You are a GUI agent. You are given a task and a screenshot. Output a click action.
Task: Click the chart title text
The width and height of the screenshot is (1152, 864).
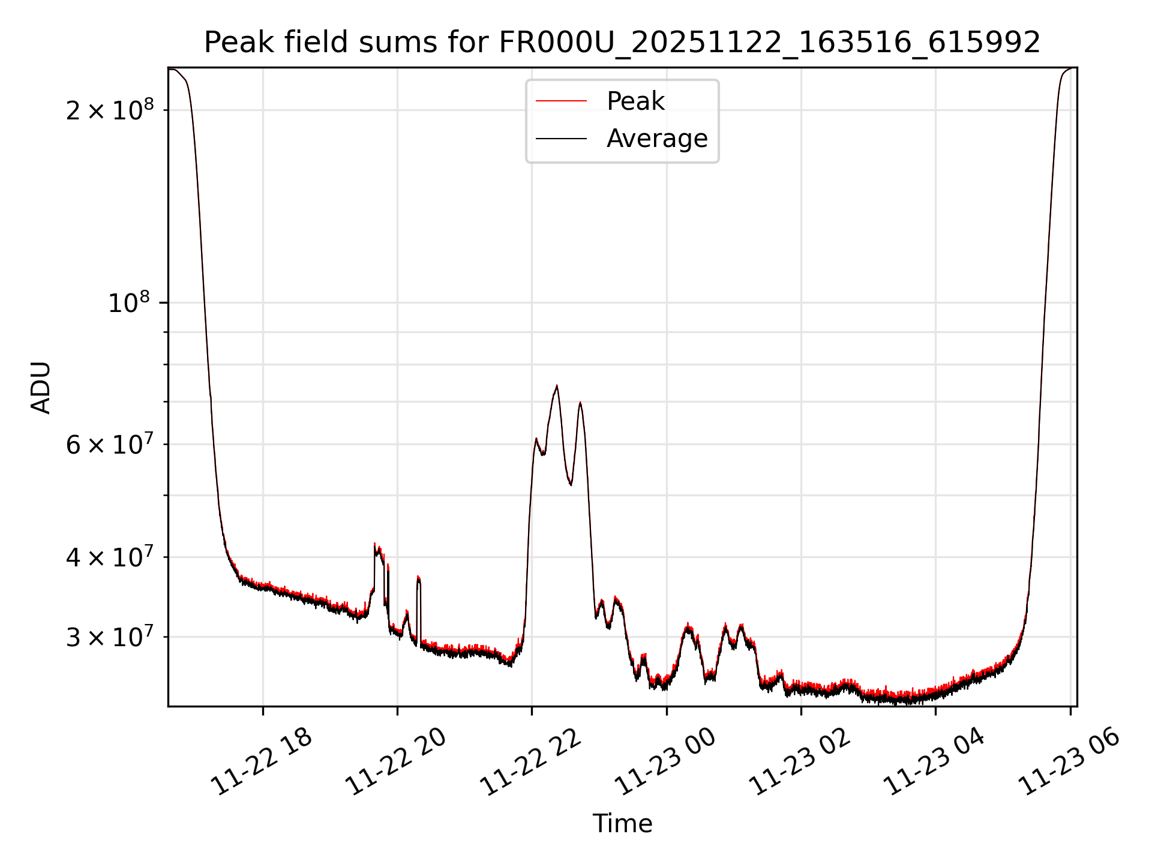622,43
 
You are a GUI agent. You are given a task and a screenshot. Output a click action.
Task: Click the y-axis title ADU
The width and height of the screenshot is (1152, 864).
41,387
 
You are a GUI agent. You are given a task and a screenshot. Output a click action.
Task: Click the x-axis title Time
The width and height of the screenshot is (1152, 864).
622,823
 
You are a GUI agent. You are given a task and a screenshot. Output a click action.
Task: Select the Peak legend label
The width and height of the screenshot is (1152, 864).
635,101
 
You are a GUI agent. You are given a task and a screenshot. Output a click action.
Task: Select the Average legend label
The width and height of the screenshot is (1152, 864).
657,139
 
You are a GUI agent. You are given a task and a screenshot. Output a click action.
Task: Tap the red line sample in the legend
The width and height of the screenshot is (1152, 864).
561,101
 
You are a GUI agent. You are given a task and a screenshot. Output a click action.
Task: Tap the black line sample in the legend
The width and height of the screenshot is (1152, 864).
561,139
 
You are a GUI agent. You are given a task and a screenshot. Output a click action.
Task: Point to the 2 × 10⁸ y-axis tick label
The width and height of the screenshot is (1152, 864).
110,110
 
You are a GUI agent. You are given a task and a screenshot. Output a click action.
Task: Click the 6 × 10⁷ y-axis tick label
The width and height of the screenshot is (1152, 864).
110,445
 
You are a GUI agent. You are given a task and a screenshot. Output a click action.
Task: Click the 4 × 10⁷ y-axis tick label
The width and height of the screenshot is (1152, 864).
110,557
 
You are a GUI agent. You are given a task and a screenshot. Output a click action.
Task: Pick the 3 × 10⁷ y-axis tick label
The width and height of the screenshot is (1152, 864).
110,637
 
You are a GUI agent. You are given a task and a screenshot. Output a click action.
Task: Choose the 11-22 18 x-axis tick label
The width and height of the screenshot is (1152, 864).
262,762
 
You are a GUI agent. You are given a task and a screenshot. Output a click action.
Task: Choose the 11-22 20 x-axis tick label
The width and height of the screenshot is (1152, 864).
396,762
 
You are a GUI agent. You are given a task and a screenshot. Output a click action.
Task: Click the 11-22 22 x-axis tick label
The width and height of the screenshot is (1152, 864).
531,762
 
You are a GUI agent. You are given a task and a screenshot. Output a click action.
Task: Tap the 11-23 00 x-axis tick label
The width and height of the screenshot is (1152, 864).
665,762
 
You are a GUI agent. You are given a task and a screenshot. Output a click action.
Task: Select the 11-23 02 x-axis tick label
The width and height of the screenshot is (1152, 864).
800,762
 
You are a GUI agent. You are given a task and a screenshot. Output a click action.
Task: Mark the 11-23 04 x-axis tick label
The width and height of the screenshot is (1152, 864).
934,762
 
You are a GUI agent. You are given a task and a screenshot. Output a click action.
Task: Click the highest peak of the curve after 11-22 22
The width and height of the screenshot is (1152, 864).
557,386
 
